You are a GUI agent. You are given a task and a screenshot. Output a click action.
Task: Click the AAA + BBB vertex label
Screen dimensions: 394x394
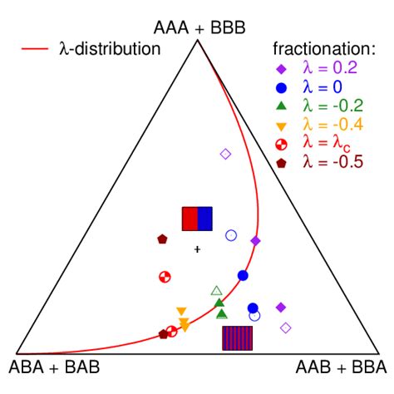[199, 27]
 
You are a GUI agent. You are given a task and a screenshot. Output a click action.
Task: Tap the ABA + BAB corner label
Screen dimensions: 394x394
[54, 367]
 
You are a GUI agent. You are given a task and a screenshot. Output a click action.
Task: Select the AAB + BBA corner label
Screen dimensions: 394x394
[341, 367]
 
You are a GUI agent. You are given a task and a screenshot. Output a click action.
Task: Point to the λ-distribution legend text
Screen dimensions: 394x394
[110, 49]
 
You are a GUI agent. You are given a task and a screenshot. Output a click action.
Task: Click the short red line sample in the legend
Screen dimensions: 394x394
[35, 49]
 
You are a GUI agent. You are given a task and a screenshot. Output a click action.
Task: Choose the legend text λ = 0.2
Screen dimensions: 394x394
[330, 67]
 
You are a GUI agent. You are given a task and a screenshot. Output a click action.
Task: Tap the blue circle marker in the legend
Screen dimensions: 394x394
[281, 88]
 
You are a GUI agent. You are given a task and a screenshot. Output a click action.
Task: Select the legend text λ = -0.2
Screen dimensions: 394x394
[332, 106]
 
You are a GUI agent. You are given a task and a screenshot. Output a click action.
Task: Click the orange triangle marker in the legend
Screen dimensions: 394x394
[281, 126]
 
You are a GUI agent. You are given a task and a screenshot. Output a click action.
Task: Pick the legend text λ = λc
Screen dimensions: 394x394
[327, 143]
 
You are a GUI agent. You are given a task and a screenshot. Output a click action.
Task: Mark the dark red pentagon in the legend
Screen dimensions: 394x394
[281, 163]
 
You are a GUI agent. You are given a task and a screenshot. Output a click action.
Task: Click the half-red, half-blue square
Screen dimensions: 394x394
[197, 219]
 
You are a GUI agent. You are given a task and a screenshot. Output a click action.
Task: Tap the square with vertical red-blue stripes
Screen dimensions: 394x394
[238, 338]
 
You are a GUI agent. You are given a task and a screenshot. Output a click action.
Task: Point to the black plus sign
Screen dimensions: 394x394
[197, 249]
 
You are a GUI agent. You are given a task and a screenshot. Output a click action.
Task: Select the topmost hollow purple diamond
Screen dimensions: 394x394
[225, 154]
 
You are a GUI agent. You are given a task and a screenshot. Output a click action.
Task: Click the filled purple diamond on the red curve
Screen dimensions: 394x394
[255, 241]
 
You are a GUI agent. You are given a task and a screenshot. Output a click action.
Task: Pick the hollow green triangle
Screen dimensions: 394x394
[216, 291]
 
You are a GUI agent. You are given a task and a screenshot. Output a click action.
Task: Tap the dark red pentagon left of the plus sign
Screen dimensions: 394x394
[162, 239]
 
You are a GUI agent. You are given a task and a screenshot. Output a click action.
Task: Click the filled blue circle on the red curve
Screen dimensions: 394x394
[243, 275]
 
